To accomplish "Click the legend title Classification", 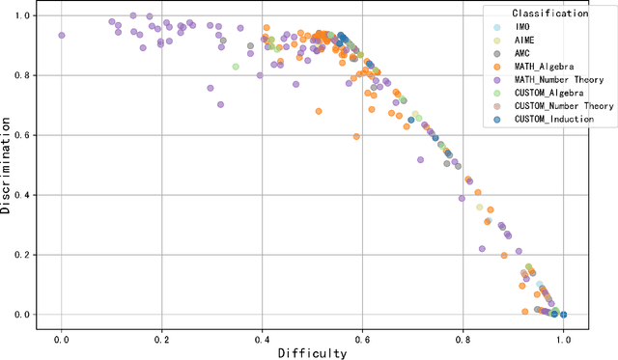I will (550, 14).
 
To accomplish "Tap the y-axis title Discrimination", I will (8, 165).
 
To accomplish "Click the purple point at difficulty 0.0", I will (62, 35).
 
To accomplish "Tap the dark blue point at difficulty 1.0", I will (563, 314).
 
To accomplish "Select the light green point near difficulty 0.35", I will (236, 67).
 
